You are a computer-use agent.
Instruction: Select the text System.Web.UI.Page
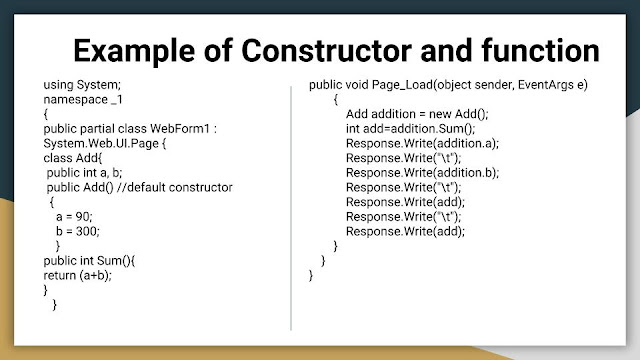pyautogui.click(x=96, y=144)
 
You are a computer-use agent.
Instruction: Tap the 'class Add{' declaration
pyautogui.click(x=72, y=158)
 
